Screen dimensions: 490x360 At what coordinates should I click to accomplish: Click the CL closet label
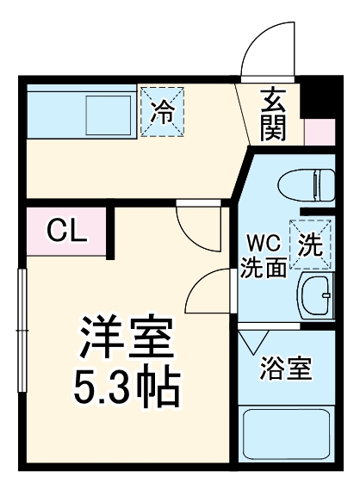click(x=65, y=230)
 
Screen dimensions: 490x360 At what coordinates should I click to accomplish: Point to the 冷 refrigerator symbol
click(x=162, y=110)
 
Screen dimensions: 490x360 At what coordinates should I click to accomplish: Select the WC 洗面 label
click(x=264, y=255)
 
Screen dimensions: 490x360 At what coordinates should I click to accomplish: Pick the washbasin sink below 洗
click(x=315, y=297)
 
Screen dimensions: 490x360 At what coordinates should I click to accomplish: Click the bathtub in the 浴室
click(x=287, y=435)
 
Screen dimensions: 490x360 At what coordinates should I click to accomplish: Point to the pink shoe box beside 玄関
click(x=319, y=131)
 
